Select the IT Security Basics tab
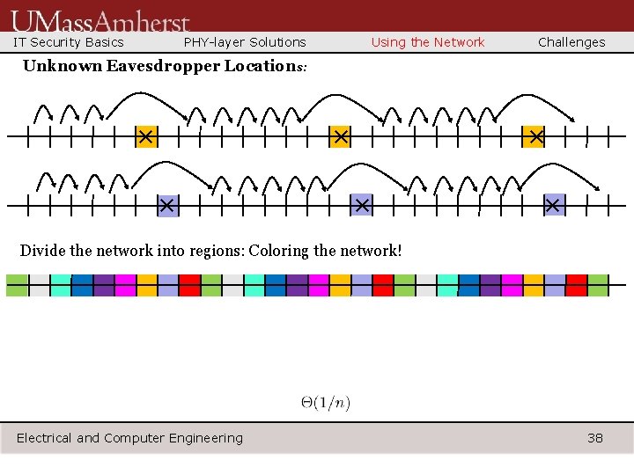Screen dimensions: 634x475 tap(69, 42)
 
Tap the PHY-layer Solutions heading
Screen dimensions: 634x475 tap(245, 42)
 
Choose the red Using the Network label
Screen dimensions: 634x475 tap(428, 42)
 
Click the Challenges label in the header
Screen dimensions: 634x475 tap(571, 42)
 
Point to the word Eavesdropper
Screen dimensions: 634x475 tap(163, 66)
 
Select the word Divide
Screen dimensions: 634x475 tap(42, 251)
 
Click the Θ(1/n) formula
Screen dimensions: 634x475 tap(326, 403)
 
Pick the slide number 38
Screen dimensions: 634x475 tap(595, 438)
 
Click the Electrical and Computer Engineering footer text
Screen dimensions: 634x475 tap(129, 438)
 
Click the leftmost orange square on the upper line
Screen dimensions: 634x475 tap(146, 137)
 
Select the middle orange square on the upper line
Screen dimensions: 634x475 tap(340, 137)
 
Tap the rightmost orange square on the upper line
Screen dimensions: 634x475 tap(534, 137)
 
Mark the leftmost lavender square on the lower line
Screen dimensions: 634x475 tap(167, 205)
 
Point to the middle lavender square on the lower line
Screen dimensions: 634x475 tap(361, 205)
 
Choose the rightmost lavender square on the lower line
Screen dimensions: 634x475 tap(553, 205)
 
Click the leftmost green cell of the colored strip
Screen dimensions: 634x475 tap(17, 285)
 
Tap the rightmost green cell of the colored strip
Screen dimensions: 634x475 tap(598, 285)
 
